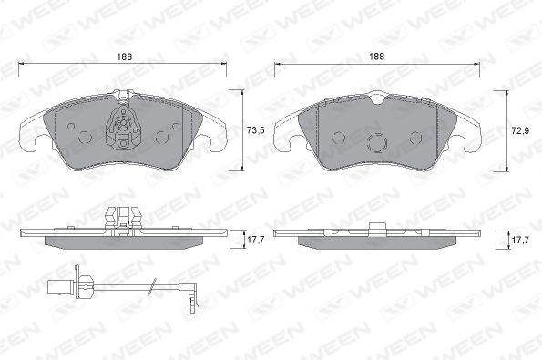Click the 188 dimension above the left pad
click(124, 57)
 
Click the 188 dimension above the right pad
click(376, 57)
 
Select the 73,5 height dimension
click(256, 130)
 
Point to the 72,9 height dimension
click(520, 131)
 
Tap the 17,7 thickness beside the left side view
click(255, 240)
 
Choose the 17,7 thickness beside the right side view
click(520, 241)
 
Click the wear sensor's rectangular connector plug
click(59, 285)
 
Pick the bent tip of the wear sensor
click(192, 298)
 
